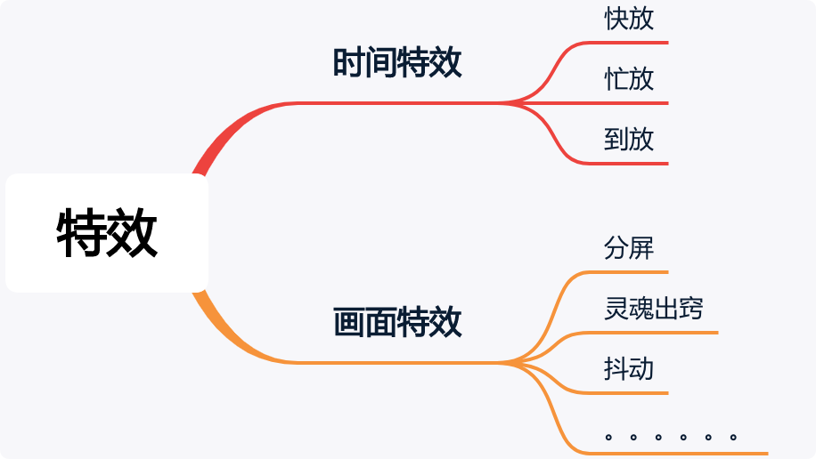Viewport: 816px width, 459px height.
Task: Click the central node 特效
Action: pyautogui.click(x=107, y=233)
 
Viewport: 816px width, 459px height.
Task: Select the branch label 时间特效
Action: pyautogui.click(x=397, y=63)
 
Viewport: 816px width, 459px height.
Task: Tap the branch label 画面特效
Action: pyautogui.click(x=397, y=322)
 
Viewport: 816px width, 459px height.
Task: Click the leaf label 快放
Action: pyautogui.click(x=629, y=19)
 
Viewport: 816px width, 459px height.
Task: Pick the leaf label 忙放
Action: pyautogui.click(x=629, y=79)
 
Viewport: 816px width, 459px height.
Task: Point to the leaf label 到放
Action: pyautogui.click(x=629, y=140)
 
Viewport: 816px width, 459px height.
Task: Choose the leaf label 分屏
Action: pyautogui.click(x=629, y=248)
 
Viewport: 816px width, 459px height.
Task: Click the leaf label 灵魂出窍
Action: pyautogui.click(x=653, y=309)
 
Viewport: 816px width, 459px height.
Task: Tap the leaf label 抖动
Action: pyautogui.click(x=629, y=368)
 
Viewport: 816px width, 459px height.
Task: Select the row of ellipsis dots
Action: pyautogui.click(x=670, y=437)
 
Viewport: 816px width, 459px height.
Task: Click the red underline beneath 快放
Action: pyautogui.click(x=624, y=43)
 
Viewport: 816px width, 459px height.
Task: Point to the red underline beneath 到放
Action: pyautogui.click(x=624, y=164)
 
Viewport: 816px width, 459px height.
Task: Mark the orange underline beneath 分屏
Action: pyautogui.click(x=624, y=271)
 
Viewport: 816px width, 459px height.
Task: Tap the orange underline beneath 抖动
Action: pyautogui.click(x=624, y=392)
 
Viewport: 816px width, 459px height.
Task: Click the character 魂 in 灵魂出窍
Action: pyautogui.click(x=641, y=309)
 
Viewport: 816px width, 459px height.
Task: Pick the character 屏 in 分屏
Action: pyautogui.click(x=641, y=248)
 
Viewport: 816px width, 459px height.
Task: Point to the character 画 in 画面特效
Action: pyautogui.click(x=349, y=322)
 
